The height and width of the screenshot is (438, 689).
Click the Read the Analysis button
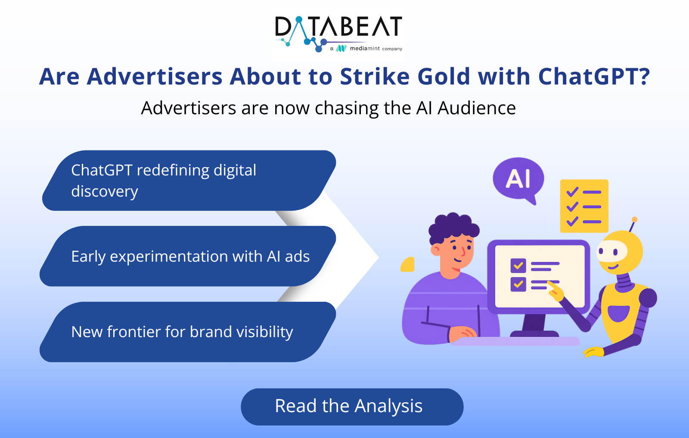(x=352, y=407)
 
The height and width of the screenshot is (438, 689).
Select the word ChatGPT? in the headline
(x=594, y=76)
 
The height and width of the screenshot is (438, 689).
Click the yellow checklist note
(x=584, y=206)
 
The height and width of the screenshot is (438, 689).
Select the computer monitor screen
(x=540, y=276)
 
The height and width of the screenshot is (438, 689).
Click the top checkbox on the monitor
(x=518, y=266)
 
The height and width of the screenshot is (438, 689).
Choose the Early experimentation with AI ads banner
(x=188, y=256)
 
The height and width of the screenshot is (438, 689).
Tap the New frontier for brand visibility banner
(x=188, y=332)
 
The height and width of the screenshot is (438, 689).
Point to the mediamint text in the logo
(x=365, y=48)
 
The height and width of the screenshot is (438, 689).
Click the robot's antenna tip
(x=634, y=219)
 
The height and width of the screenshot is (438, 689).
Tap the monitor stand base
(x=534, y=334)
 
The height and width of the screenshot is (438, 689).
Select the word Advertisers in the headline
(x=155, y=76)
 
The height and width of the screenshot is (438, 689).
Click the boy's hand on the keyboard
(x=462, y=333)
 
